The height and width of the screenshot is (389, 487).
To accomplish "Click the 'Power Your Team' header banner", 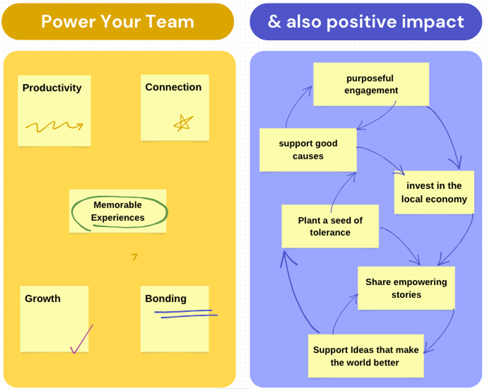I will point(117,21).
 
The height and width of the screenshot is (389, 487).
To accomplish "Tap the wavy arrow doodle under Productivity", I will point(54,127).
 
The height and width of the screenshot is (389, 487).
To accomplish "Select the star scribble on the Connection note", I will point(183,123).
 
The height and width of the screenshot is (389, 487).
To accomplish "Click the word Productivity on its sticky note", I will point(52,88).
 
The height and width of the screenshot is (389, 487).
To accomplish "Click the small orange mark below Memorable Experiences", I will point(134,257).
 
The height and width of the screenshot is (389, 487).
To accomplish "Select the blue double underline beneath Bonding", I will point(185,313).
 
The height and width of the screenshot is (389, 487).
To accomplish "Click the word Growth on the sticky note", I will point(43,298).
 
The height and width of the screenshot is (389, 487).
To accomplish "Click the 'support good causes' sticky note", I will point(308,150).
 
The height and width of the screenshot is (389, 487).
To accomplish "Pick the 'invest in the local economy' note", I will point(433,192).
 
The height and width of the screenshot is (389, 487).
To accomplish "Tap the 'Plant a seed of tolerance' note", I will point(330,226).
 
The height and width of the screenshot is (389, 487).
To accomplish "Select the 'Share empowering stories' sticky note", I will point(406,288).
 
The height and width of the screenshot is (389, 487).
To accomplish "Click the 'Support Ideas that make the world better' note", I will point(365,356).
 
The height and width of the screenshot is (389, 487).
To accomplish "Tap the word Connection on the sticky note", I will point(173,87).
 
